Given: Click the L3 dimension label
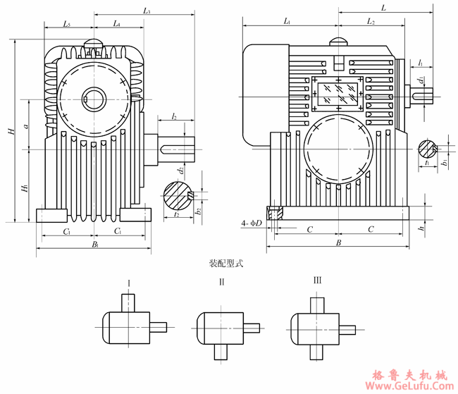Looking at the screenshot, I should point(147,11).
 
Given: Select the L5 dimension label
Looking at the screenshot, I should point(66,25).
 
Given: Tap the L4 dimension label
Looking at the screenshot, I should point(116,25).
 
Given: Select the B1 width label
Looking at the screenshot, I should point(94,244).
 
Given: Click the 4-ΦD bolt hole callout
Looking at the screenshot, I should point(252,223).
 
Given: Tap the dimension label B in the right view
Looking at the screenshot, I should point(338,244).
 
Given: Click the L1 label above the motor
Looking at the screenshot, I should point(287,23).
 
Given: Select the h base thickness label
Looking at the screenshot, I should point(421,228).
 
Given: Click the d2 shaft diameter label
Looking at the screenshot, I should point(181,171).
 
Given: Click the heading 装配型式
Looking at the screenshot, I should point(225,264).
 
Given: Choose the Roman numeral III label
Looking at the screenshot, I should point(318,281).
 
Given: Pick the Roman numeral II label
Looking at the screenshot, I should point(222,282).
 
